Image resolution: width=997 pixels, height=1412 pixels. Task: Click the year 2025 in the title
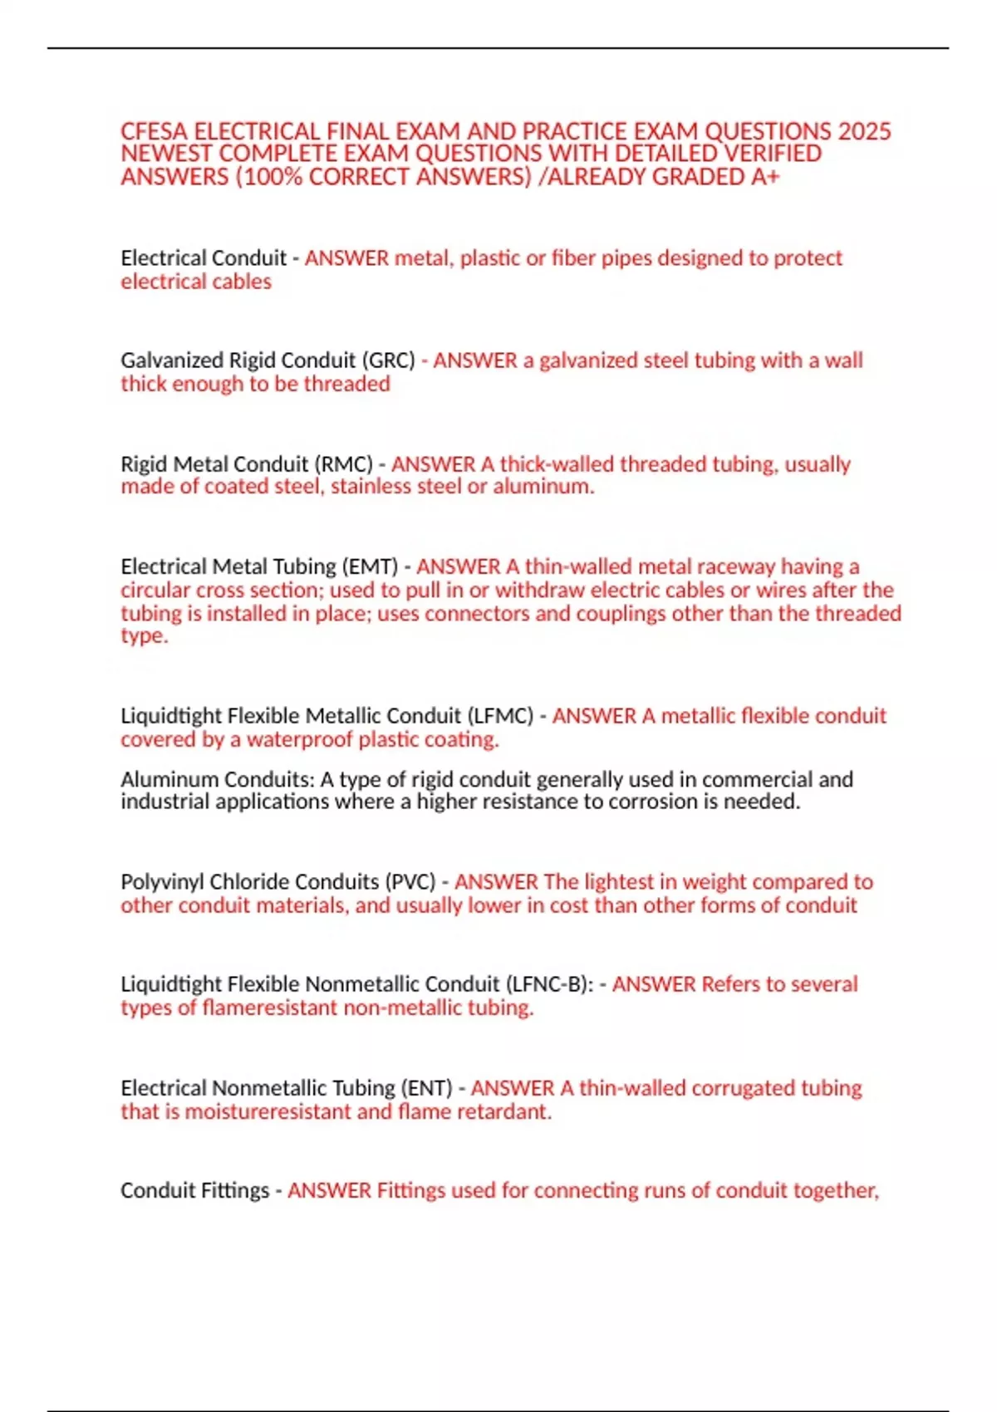(x=864, y=131)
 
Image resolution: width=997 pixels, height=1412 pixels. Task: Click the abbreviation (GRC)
(x=388, y=360)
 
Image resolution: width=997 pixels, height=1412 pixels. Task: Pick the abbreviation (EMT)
(x=371, y=566)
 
